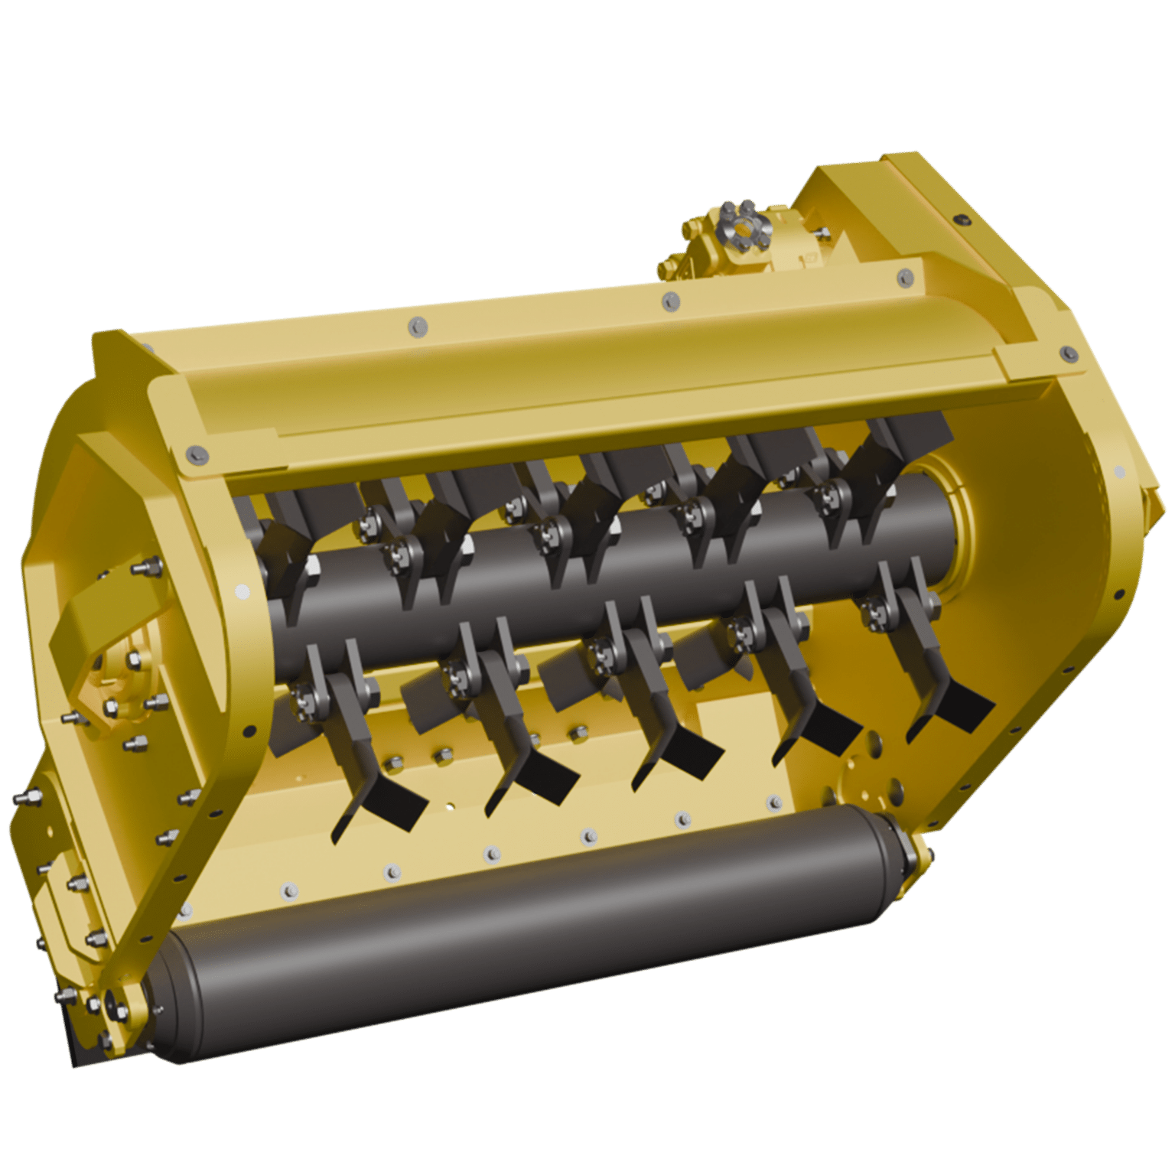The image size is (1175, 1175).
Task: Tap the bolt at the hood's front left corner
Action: point(190,454)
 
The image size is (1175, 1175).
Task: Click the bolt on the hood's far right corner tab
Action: point(1066,351)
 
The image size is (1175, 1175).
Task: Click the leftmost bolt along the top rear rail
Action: point(415,327)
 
